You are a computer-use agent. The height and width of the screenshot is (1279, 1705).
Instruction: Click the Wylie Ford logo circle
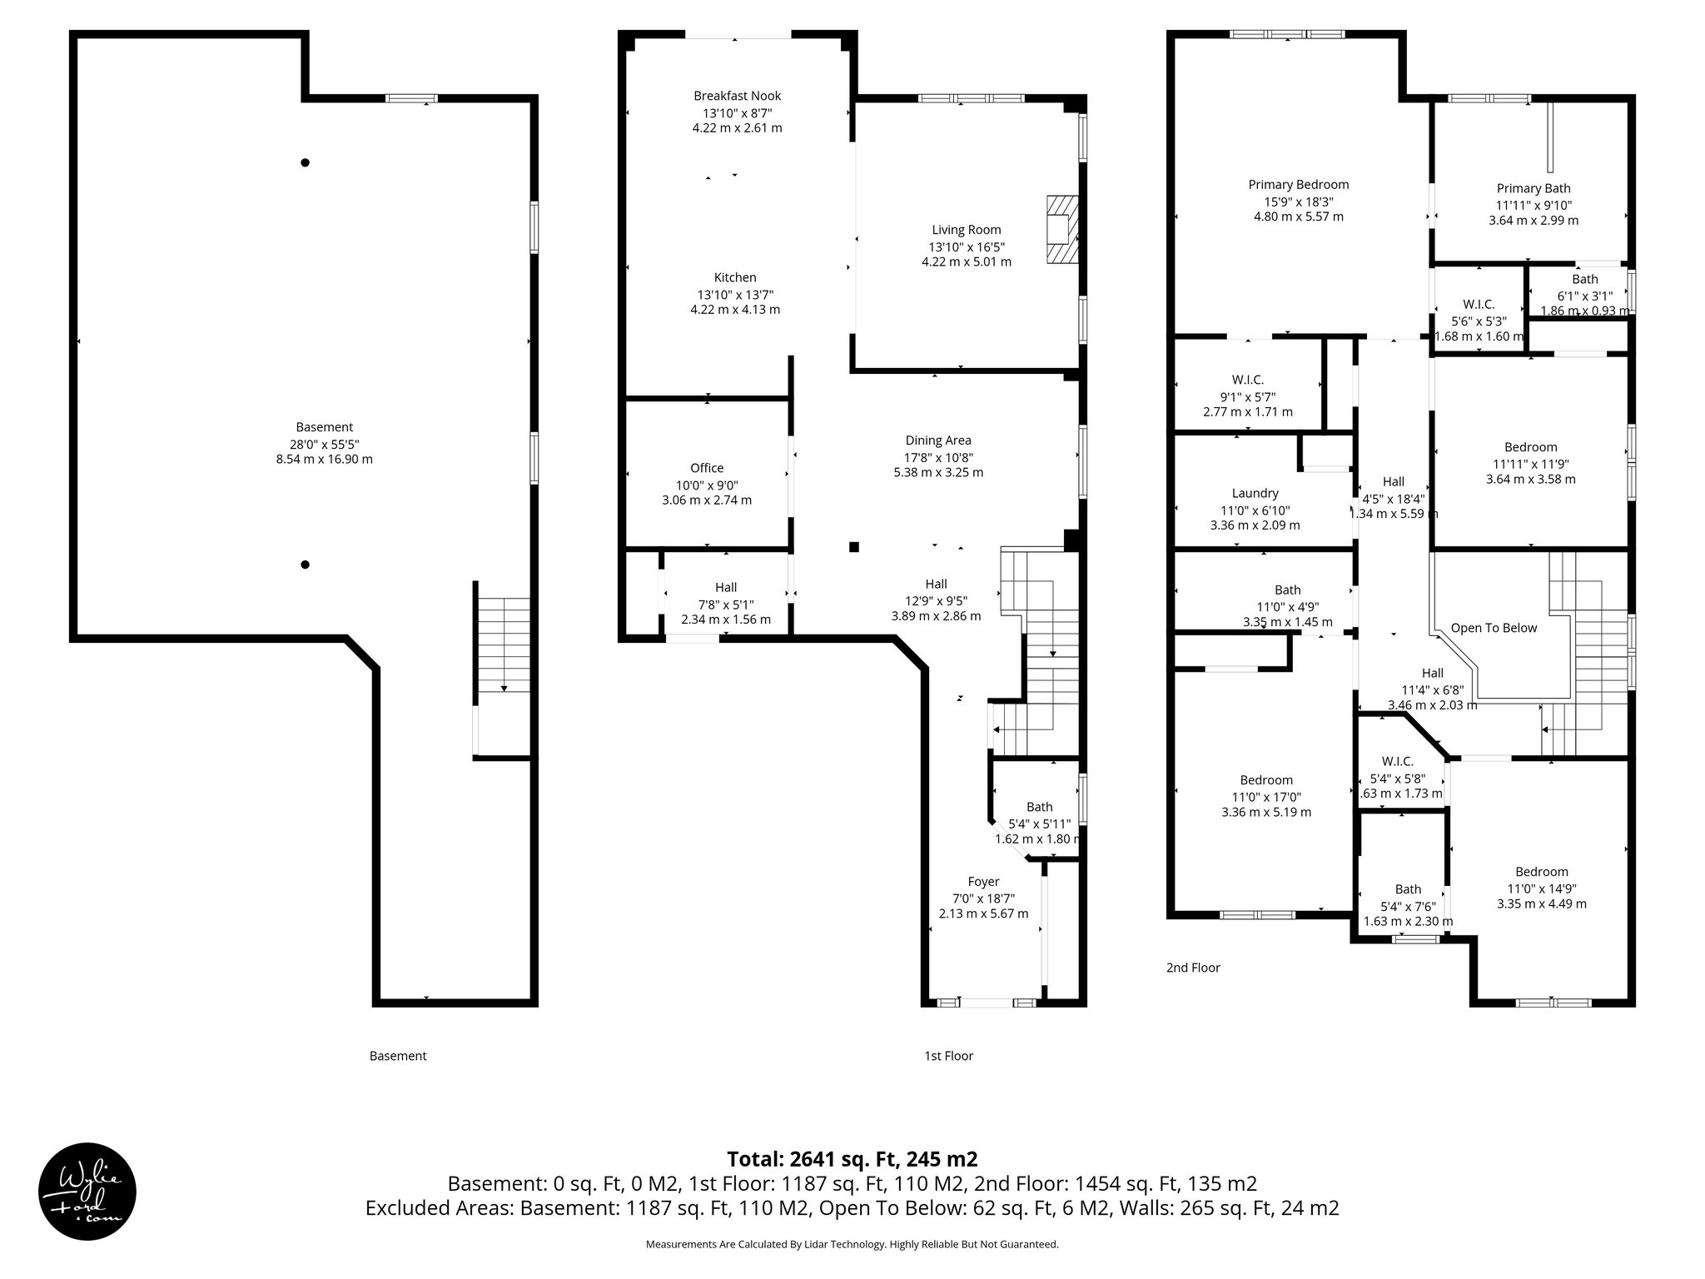pos(87,1192)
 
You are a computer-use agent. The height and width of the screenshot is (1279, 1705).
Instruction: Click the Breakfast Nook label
pos(737,96)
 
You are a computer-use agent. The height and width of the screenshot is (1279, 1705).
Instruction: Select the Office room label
pos(707,468)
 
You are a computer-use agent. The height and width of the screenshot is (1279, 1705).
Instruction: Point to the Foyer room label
pos(983,881)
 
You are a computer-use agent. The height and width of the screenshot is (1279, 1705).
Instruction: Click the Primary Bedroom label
pos(1298,185)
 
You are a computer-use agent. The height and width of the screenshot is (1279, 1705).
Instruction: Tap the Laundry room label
pos(1255,493)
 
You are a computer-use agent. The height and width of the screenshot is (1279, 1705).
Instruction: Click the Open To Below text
pos(1494,628)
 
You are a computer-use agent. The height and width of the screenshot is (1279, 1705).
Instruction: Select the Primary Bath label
pos(1534,188)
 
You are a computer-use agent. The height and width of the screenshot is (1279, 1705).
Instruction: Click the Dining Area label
pos(938,440)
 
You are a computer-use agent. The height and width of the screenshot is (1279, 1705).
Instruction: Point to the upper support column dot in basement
pos(306,162)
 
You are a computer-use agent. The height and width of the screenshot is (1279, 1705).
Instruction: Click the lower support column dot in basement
pos(306,565)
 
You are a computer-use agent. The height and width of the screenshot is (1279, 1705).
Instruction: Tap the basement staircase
pos(504,645)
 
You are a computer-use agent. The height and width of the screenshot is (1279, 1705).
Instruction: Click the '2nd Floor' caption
pos(1193,968)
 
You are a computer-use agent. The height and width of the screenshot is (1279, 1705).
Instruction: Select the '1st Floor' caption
pos(948,1056)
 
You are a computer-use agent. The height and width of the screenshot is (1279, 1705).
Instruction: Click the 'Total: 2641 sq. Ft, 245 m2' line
pos(852,1159)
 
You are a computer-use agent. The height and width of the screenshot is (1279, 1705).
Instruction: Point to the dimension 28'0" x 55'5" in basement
pos(324,444)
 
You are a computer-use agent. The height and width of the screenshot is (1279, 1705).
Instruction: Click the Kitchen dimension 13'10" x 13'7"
pos(735,294)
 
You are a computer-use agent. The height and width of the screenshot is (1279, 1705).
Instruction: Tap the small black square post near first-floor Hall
pos(853,547)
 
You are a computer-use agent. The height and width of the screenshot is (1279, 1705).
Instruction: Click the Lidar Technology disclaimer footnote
pos(852,1244)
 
